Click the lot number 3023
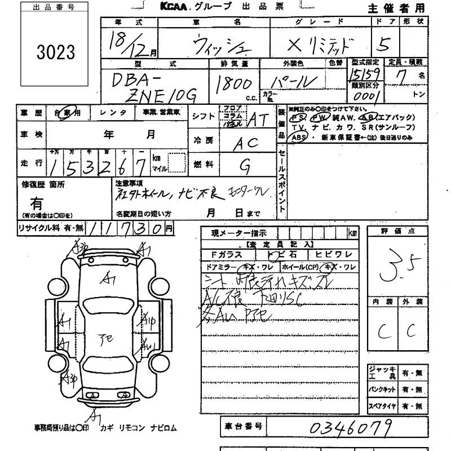pos(55,52)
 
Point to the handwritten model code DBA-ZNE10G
pos(152,88)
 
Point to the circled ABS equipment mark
pos(299,137)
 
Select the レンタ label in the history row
pos(113,113)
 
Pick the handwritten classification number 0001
pos(367,96)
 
